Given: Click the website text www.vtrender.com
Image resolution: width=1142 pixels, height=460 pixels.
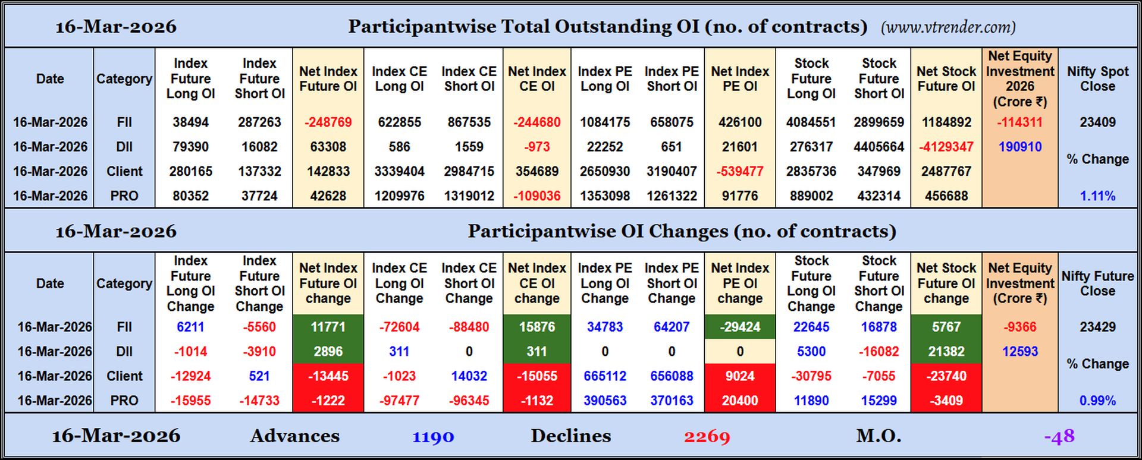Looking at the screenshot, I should [948, 27].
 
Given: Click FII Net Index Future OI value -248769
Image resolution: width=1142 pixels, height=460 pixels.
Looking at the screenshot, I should [328, 122].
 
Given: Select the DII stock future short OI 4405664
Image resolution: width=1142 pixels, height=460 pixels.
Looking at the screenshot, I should [879, 147].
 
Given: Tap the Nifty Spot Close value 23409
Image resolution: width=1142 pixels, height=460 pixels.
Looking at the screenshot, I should [1097, 122].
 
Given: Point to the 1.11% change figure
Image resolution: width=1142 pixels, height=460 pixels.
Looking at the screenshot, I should [1097, 196].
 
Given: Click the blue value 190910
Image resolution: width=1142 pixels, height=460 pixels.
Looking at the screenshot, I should [1019, 147].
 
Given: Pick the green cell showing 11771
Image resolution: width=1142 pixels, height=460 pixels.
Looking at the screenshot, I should [328, 327].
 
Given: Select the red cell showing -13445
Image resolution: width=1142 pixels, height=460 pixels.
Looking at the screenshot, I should [328, 376].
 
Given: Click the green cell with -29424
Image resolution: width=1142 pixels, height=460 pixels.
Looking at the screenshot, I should [739, 327].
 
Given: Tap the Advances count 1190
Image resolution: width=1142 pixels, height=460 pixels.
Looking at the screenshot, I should [433, 437].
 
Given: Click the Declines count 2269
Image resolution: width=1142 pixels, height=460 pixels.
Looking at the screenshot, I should [707, 437].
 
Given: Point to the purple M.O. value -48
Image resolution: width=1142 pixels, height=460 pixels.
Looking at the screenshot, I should [1059, 437].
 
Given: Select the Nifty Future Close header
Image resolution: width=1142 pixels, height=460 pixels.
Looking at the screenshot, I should [1097, 283].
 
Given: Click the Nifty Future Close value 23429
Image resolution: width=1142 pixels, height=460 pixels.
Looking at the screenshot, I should [1097, 327].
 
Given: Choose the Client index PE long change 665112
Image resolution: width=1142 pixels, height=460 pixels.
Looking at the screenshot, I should [604, 376].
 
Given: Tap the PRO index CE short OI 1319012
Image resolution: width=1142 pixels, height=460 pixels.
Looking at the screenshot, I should [469, 196].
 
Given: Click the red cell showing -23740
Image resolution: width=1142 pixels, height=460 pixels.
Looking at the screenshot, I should [946, 376].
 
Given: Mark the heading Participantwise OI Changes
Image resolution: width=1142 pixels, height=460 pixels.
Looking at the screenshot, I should [682, 231].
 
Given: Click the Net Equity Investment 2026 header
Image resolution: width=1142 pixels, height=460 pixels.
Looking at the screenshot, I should [1019, 78].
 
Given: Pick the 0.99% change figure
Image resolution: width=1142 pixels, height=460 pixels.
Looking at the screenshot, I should [1097, 401].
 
